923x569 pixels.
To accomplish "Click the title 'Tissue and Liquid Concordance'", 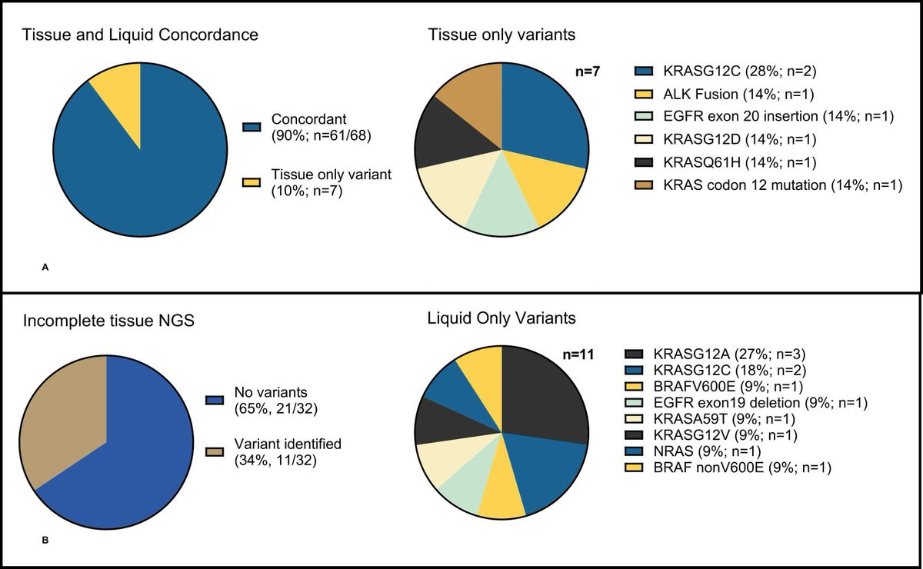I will tap(140, 35).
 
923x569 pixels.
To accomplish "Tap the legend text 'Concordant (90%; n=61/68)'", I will tap(316, 127).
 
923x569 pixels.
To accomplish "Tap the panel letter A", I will tap(45, 267).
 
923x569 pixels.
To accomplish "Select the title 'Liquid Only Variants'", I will tap(502, 318).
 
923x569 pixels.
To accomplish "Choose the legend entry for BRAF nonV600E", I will tap(735, 468).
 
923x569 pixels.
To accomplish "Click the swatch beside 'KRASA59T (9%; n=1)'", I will tap(634, 419).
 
